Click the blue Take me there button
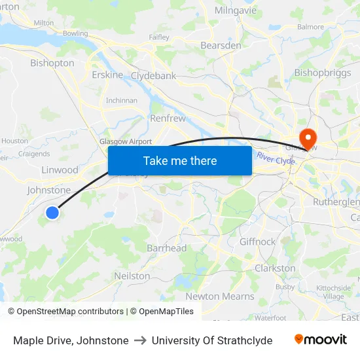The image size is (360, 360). pos(180,161)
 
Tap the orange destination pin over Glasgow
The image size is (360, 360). pos(306,136)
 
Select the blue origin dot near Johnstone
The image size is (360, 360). pos(53,212)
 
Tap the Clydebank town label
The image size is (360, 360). pos(153,76)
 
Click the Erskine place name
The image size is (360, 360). pos(107,75)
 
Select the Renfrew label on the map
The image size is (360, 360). pos(168,118)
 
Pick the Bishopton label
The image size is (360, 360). pos(52,63)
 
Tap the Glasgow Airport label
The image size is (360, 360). pos(126,141)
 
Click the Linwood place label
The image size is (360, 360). pos(60,170)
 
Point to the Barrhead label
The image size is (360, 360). pos(167,248)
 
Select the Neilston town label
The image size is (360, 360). pos(132,276)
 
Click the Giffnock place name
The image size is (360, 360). pos(257,242)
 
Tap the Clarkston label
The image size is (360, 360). pos(275,268)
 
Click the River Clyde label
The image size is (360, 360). pos(276,158)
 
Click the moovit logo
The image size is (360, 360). pos(321,340)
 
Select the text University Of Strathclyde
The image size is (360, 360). pos(212,340)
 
